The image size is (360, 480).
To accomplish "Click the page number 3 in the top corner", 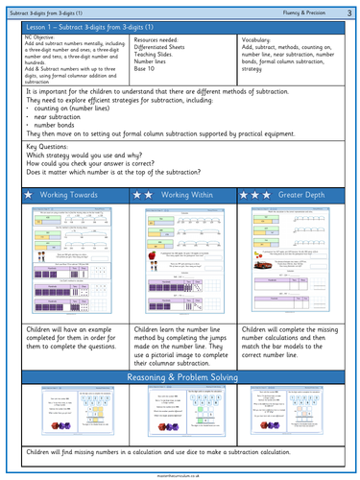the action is click(351, 11).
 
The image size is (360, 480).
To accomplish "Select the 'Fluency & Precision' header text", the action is click(307, 11).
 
